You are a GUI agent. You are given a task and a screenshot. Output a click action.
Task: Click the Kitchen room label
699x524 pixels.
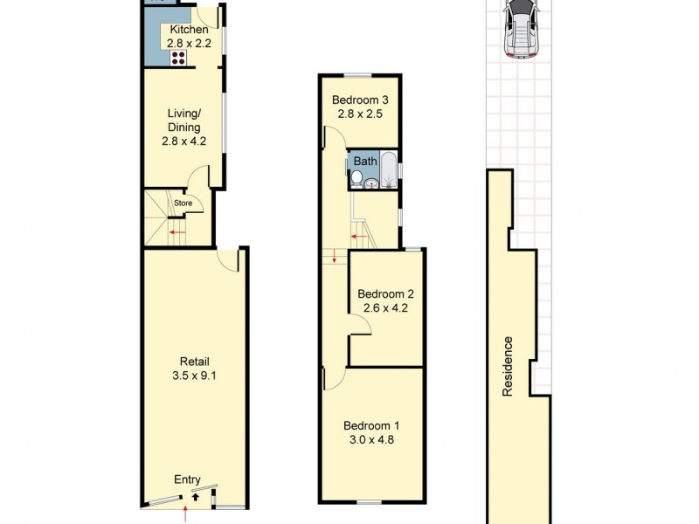(189, 30)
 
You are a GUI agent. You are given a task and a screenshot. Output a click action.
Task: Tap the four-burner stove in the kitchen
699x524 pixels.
(178, 58)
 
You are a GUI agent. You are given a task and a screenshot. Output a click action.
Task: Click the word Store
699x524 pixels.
(183, 203)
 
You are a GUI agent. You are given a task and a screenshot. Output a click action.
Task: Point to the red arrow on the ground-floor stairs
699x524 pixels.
(176, 231)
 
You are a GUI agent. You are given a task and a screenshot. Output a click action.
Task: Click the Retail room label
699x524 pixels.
(195, 362)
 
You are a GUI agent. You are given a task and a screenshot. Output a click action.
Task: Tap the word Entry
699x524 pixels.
(187, 479)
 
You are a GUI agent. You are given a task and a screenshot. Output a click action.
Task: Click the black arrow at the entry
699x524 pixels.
(194, 494)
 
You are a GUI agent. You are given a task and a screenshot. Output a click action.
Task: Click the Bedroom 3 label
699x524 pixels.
(360, 100)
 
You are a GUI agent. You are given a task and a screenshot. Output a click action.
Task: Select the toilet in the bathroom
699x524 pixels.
(356, 179)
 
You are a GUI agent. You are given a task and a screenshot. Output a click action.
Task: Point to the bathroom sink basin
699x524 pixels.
(371, 183)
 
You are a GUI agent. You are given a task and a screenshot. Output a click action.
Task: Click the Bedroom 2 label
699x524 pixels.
(385, 293)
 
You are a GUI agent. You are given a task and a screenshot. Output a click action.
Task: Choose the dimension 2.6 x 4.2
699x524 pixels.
(385, 307)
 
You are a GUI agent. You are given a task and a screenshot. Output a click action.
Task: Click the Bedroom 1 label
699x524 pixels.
(371, 425)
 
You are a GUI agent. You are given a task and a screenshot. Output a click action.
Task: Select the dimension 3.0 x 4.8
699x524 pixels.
(371, 439)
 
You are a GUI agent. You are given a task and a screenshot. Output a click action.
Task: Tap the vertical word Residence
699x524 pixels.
(508, 367)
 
